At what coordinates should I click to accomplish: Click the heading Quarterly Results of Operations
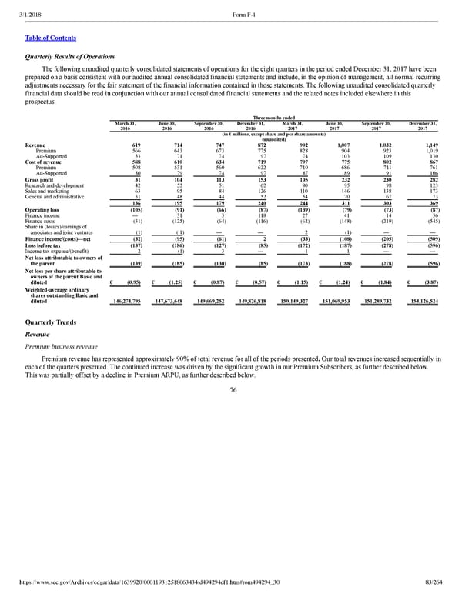tap(70, 56)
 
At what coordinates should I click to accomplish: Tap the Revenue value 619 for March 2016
tap(136, 145)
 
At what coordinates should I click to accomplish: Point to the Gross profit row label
tap(40, 180)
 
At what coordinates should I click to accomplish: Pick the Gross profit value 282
tap(427, 180)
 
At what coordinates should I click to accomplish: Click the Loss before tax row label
tap(43, 245)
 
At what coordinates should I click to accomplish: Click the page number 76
tap(231, 390)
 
